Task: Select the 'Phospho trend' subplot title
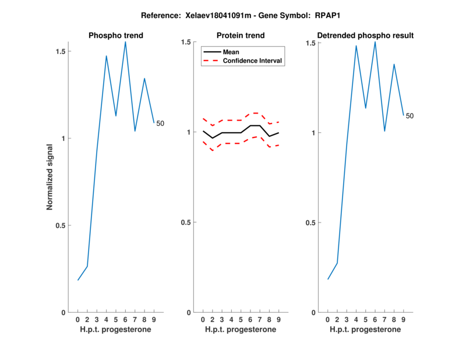(x=116, y=36)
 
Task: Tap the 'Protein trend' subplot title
(x=241, y=36)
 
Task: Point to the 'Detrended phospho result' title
(x=365, y=36)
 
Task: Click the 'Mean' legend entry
(x=231, y=52)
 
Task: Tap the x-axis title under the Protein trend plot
(x=241, y=330)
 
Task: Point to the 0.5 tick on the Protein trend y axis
(x=186, y=223)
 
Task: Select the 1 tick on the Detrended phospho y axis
(x=313, y=132)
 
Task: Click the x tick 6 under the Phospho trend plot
(x=125, y=320)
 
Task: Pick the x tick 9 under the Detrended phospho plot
(x=404, y=320)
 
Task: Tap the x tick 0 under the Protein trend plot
(x=203, y=320)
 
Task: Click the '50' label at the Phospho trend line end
(x=160, y=123)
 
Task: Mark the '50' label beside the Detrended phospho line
(x=409, y=116)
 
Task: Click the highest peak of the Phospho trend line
(x=125, y=42)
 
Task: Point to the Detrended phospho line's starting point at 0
(x=328, y=279)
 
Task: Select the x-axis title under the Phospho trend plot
(x=116, y=330)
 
